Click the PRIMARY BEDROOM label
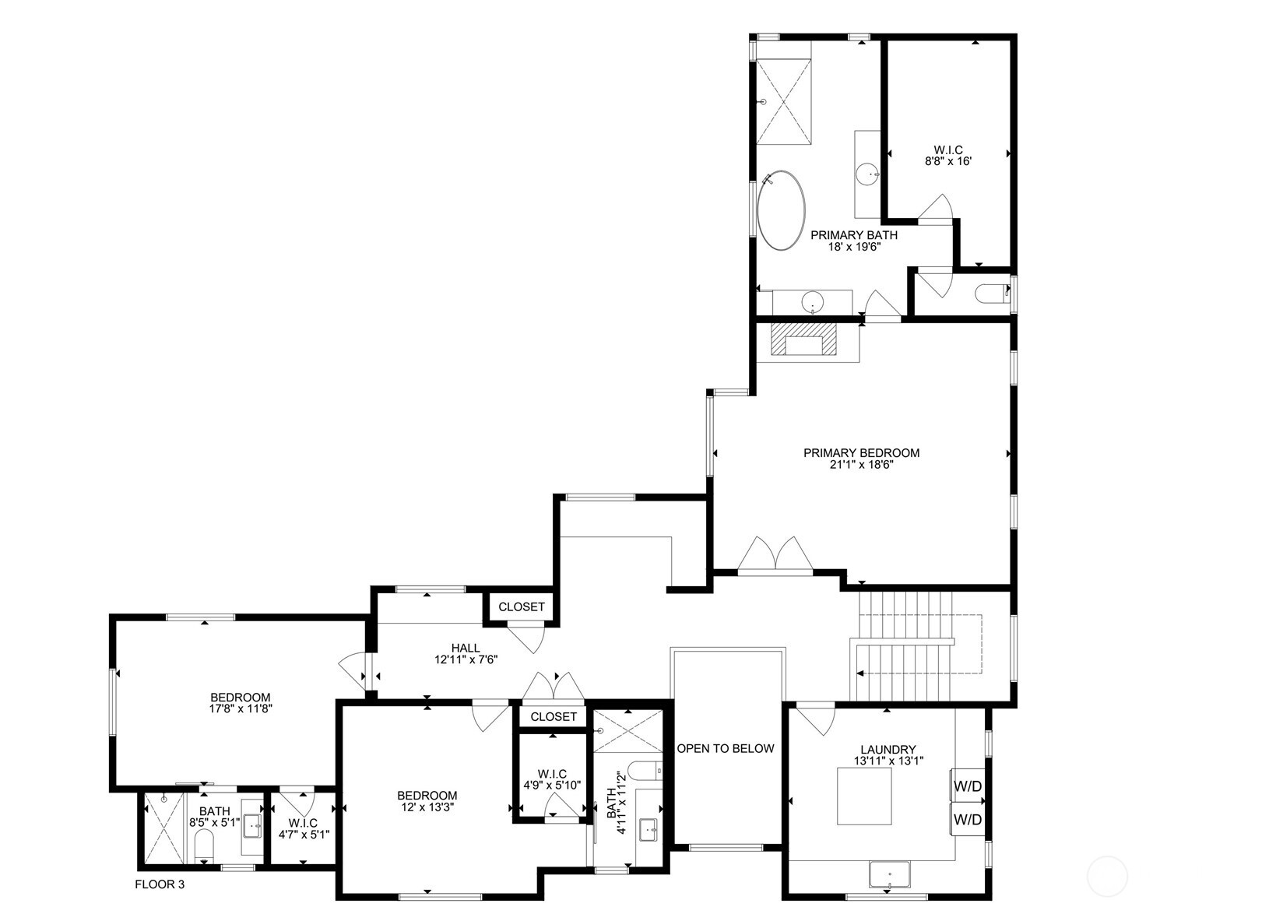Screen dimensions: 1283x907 861,452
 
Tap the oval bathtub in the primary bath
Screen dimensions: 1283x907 782,210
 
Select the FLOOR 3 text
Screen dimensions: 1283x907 160,884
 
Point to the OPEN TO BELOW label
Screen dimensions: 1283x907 725,748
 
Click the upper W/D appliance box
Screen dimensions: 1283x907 968,786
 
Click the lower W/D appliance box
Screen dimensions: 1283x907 968,820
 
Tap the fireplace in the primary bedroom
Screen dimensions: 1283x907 803,340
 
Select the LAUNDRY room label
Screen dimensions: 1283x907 888,750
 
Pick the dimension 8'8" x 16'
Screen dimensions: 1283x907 948,162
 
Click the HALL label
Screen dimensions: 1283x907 466,649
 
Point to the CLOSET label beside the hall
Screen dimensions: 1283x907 522,606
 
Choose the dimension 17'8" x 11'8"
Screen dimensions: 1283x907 241,708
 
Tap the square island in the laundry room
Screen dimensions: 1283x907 864,796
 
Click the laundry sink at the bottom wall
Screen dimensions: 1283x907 889,876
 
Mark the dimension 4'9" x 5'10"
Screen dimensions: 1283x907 552,785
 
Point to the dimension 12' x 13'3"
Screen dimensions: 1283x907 427,807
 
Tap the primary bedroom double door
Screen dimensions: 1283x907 775,554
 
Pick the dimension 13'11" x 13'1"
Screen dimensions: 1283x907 888,761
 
